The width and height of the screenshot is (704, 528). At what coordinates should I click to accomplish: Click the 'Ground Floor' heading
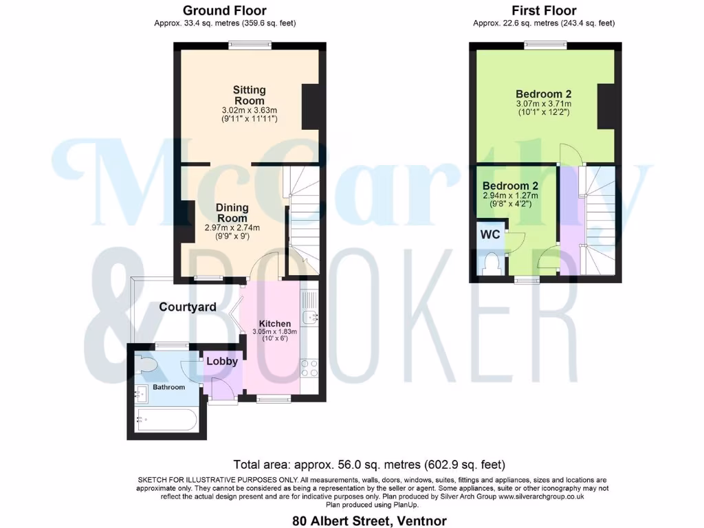click(x=225, y=10)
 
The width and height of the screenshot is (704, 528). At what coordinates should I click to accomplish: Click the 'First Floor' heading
click(x=544, y=10)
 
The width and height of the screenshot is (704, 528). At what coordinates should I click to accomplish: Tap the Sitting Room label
click(x=249, y=96)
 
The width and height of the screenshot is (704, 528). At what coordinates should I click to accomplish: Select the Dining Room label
click(x=232, y=213)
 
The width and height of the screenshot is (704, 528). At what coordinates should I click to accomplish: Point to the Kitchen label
click(x=274, y=324)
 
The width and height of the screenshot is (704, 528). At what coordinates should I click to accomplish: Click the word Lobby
click(x=222, y=361)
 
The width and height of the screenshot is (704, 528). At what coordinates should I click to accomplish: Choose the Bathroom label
click(x=169, y=387)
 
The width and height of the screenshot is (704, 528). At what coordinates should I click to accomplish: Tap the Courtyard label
click(x=188, y=307)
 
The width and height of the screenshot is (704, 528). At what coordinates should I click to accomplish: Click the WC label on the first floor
click(x=489, y=234)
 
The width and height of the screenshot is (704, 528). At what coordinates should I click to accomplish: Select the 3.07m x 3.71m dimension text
click(x=543, y=104)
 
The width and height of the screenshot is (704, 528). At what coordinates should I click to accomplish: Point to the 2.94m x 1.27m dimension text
click(x=509, y=195)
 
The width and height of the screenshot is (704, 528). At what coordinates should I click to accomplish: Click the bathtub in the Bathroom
click(x=167, y=419)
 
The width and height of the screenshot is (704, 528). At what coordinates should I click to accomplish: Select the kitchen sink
click(x=311, y=317)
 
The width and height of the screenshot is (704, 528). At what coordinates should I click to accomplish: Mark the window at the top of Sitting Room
click(x=250, y=45)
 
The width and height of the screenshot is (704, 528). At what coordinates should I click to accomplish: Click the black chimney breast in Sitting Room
click(x=311, y=107)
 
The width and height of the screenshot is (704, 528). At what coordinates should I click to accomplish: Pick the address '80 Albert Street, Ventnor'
click(x=369, y=520)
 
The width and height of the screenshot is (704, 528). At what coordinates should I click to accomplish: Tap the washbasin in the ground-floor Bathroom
click(x=142, y=394)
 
